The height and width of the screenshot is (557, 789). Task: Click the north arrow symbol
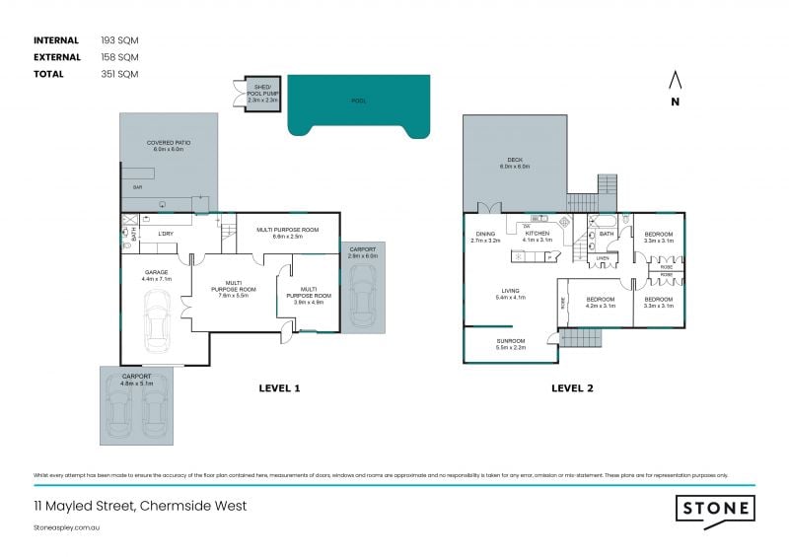pyautogui.click(x=675, y=81)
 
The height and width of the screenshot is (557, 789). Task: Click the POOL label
pyautogui.click(x=359, y=101)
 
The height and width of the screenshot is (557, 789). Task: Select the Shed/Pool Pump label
pyautogui.click(x=261, y=95)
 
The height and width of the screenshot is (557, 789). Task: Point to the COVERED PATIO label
pyautogui.click(x=169, y=145)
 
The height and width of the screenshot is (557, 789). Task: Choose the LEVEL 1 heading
pyautogui.click(x=279, y=387)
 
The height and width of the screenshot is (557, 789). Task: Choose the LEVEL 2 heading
pyautogui.click(x=572, y=387)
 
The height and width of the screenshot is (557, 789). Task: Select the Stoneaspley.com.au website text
pyautogui.click(x=68, y=527)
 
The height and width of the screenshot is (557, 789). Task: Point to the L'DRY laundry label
pyautogui.click(x=166, y=234)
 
